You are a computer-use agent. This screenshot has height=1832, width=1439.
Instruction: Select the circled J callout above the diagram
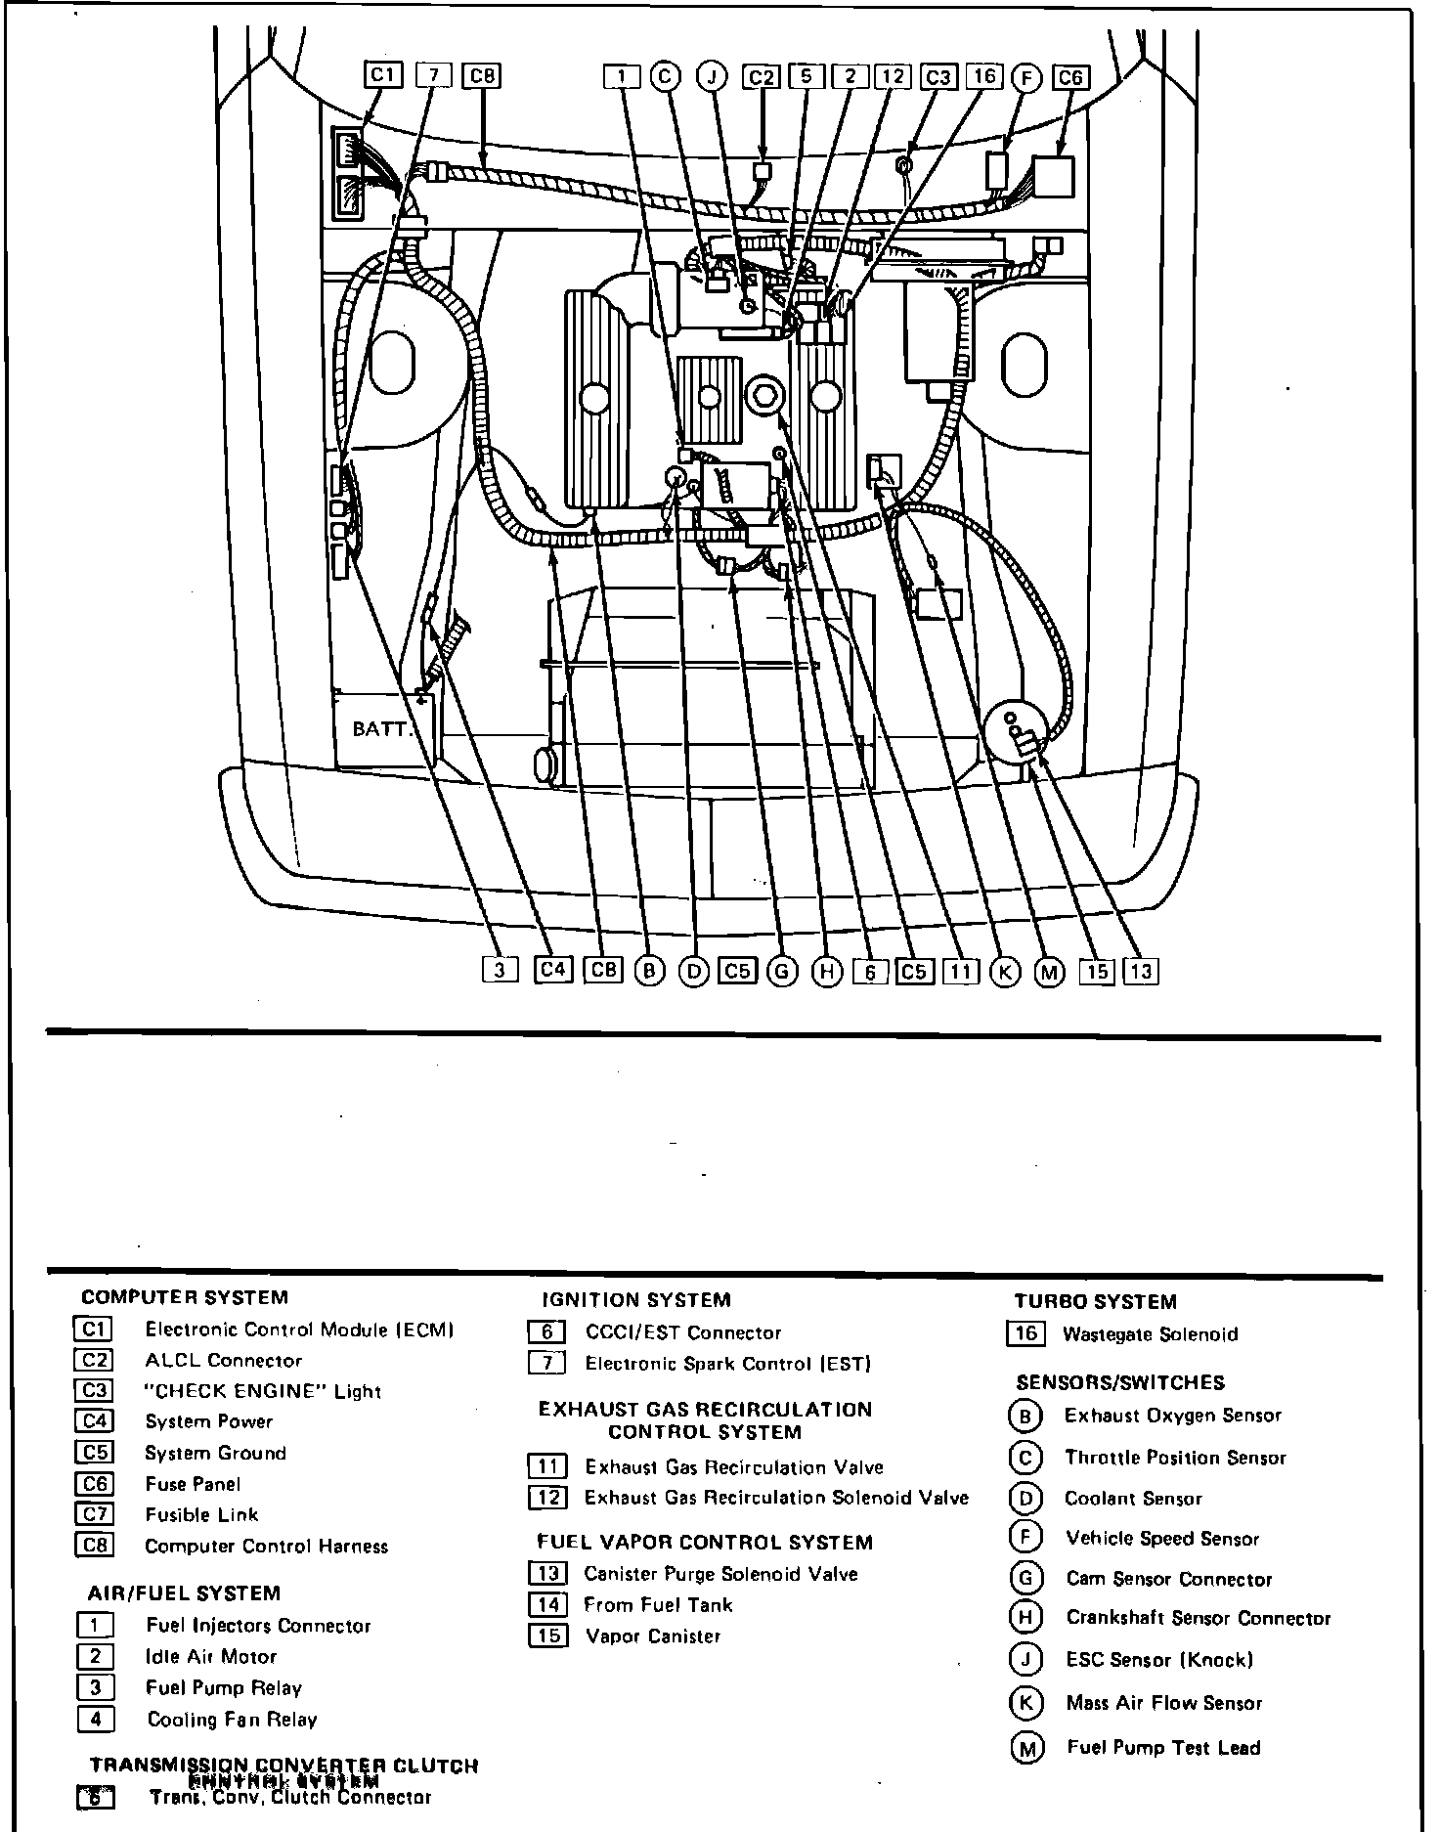pyautogui.click(x=713, y=77)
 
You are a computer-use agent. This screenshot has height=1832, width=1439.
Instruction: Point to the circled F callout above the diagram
pyautogui.click(x=1026, y=78)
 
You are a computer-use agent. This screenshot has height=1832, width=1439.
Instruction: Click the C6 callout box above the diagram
pyautogui.click(x=1071, y=78)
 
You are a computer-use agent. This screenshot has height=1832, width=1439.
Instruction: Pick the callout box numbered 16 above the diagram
pyautogui.click(x=983, y=77)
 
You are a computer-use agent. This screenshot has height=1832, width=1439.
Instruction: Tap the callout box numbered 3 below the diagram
pyautogui.click(x=501, y=970)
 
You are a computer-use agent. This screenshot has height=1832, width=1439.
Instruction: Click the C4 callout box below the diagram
pyautogui.click(x=553, y=970)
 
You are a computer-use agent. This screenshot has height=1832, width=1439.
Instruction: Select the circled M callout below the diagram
pyautogui.click(x=1051, y=972)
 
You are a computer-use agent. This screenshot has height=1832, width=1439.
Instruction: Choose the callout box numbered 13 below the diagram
pyautogui.click(x=1141, y=971)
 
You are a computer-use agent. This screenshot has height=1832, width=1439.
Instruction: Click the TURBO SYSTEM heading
pyautogui.click(x=1095, y=1301)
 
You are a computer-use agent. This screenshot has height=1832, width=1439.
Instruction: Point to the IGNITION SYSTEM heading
pyautogui.click(x=636, y=1300)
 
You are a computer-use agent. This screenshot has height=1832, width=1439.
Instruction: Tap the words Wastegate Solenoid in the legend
pyautogui.click(x=1150, y=1334)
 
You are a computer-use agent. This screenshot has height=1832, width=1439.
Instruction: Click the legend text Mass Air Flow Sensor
pyautogui.click(x=1163, y=1703)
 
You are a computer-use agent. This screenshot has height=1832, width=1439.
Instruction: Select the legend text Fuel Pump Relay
pyautogui.click(x=224, y=1688)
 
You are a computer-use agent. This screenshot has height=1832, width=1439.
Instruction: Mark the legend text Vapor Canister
pyautogui.click(x=652, y=1636)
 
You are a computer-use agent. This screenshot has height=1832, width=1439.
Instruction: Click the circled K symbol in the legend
pyautogui.click(x=1025, y=1703)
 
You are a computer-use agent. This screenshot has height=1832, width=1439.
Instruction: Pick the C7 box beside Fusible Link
pyautogui.click(x=94, y=1514)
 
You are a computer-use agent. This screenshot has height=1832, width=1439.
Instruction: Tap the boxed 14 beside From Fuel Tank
pyautogui.click(x=547, y=1604)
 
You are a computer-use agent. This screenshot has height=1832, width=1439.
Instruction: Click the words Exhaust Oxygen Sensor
pyautogui.click(x=1172, y=1416)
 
